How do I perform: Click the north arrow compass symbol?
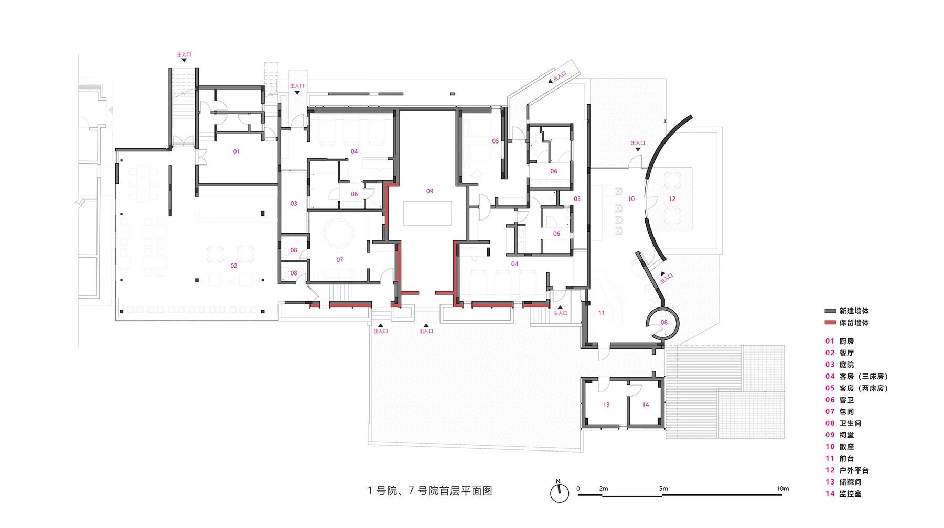coord(560,492)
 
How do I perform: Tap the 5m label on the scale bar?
coord(663,488)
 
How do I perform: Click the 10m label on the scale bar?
coord(782,488)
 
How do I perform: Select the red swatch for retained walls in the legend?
coord(830,323)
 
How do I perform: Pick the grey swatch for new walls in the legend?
coord(830,311)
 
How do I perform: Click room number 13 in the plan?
coord(606,405)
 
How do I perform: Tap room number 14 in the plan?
coord(646,405)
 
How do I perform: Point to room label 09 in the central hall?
coord(430,191)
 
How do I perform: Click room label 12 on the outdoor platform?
coord(672,199)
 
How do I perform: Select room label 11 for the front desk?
coord(602,313)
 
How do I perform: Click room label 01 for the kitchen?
coord(237,152)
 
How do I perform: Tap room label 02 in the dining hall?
coord(234,266)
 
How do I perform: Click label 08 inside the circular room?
coord(664,323)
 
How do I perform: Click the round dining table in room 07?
coord(339,234)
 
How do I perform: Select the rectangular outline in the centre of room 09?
coord(427,213)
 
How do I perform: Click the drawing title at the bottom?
coord(430,491)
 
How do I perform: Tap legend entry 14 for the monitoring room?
coord(843,494)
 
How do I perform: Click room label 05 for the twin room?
coord(495,141)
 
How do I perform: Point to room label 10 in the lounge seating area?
coord(631,199)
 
